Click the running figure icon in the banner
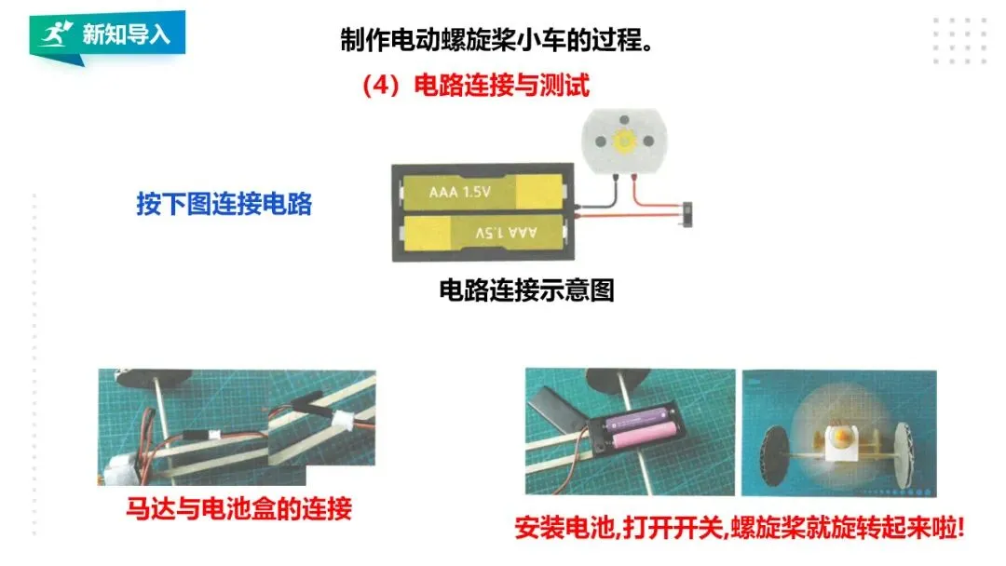click(x=55, y=35)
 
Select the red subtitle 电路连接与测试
click(x=475, y=87)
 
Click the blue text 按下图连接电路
click(x=224, y=204)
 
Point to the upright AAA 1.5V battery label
click(x=460, y=193)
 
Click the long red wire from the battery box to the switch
click(x=633, y=220)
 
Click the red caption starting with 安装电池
click(x=740, y=528)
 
